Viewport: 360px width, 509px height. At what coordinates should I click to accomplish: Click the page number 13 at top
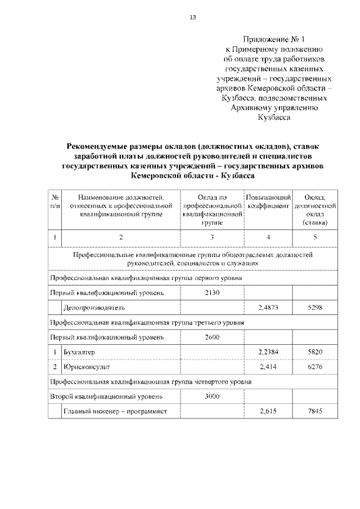192,17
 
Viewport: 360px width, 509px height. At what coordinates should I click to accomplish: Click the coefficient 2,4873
268,308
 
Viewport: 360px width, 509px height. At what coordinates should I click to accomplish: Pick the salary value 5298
315,308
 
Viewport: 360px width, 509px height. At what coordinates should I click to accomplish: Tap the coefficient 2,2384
268,352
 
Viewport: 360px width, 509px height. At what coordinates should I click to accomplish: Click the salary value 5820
315,352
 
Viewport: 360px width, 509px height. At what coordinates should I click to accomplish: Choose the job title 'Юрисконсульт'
86,367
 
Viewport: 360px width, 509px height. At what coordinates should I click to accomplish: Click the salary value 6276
315,367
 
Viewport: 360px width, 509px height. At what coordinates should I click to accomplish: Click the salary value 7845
315,411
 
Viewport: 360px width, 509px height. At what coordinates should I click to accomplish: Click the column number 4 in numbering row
268,237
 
